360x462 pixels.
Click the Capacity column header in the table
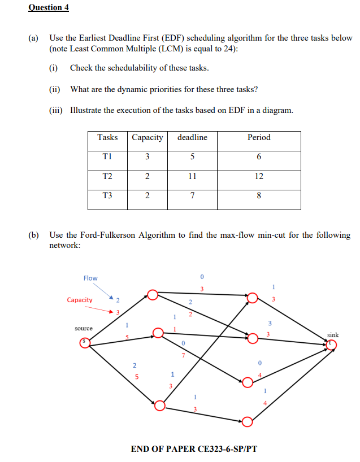[x=147, y=137]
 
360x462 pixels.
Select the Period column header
[x=259, y=137]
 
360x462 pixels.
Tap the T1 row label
[x=107, y=157]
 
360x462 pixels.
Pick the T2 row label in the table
[x=107, y=176]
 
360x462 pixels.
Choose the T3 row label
[x=107, y=196]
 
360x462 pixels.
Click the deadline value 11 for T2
[x=192, y=176]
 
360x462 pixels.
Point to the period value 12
[x=259, y=176]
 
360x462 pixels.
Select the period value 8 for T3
[x=259, y=196]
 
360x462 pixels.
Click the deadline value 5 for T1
[x=192, y=157]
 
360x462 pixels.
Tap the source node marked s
[x=85, y=343]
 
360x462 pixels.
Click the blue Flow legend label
[x=90, y=278]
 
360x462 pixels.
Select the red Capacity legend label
[x=80, y=300]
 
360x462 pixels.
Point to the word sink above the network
[x=333, y=335]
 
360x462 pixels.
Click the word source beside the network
[x=84, y=328]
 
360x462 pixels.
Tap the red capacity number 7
[x=183, y=355]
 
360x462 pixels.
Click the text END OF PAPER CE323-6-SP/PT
[x=194, y=449]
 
